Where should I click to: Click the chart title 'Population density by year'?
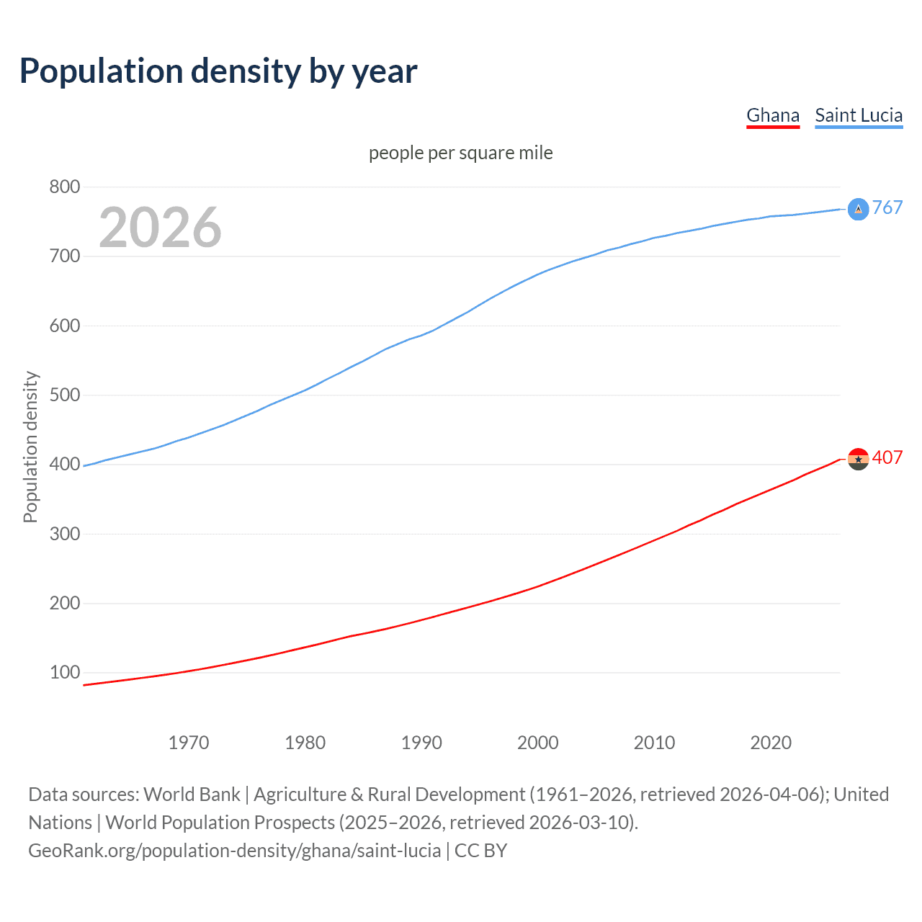(x=218, y=71)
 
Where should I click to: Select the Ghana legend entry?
(x=773, y=115)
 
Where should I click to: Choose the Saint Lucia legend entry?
(x=859, y=115)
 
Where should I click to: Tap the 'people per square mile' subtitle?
(x=461, y=153)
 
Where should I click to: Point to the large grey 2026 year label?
(x=160, y=228)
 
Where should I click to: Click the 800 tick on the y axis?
(x=65, y=187)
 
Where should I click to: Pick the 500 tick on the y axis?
(x=65, y=395)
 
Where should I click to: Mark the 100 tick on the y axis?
(x=65, y=673)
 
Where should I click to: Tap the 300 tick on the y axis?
(x=65, y=534)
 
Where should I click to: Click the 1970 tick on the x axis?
(x=189, y=743)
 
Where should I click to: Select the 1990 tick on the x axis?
(x=421, y=743)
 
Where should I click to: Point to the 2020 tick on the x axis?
(x=771, y=743)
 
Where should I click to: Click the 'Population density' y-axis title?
(x=30, y=447)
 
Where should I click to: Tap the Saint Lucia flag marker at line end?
(x=858, y=209)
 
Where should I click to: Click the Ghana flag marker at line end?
(x=858, y=459)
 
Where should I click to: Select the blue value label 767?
(x=887, y=208)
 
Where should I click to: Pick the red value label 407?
(x=887, y=458)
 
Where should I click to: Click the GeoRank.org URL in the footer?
(x=234, y=851)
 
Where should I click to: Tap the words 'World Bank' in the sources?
(x=192, y=795)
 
